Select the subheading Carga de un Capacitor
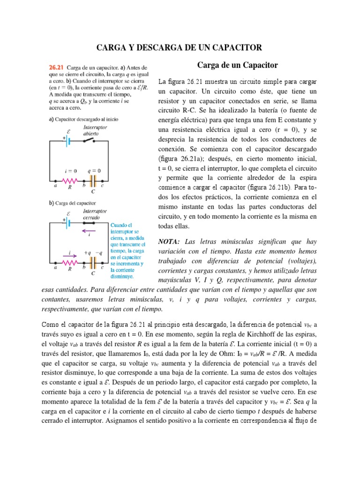point(237,65)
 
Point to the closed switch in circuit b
point(96,223)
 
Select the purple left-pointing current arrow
point(89,230)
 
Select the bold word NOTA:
point(170,242)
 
